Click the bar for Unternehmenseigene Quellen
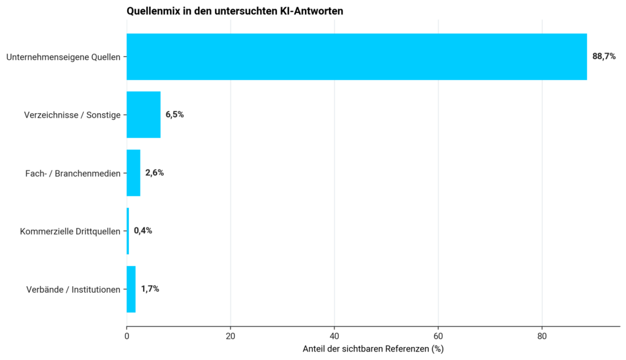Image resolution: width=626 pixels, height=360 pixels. [356, 57]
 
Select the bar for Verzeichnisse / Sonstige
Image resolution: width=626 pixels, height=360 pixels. [144, 114]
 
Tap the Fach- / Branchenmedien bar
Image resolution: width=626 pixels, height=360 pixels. [133, 173]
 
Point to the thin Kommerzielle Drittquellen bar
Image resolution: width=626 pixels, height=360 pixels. [128, 230]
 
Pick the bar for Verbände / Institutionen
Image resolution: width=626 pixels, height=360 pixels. [131, 289]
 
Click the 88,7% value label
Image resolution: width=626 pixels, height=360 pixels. [603, 57]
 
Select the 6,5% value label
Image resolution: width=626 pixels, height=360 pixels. [174, 114]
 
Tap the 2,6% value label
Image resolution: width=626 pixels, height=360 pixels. [155, 173]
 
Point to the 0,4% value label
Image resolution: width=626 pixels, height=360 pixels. [143, 230]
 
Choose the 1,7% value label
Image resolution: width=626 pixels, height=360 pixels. [150, 289]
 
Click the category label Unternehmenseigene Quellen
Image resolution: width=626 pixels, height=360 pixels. [63, 57]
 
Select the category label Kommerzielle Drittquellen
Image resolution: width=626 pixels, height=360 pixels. [70, 232]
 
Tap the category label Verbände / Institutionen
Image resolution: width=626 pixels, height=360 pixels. [73, 289]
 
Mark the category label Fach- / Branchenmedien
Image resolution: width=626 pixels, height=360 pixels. [73, 173]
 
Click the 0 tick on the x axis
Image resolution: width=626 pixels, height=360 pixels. [127, 336]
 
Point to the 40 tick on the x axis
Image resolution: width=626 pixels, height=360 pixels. [334, 336]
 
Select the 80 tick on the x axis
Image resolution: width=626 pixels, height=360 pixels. [542, 336]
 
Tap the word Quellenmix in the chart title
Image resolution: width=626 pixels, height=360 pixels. [153, 11]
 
